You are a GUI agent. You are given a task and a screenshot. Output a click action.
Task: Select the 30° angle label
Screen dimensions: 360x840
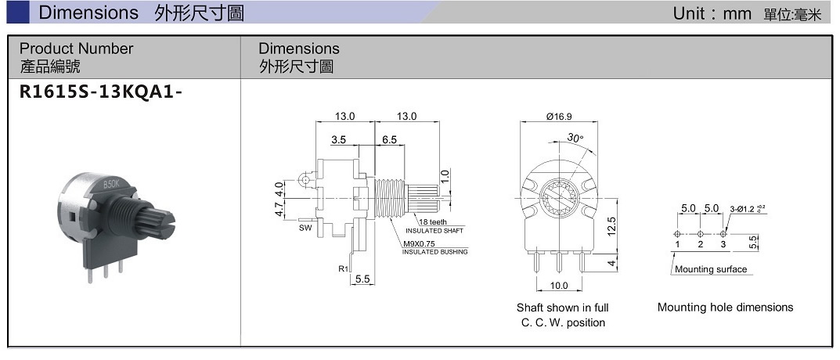575,138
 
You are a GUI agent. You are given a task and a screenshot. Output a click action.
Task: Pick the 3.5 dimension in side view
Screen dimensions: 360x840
338,139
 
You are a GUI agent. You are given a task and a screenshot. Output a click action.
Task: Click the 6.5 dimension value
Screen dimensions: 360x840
389,139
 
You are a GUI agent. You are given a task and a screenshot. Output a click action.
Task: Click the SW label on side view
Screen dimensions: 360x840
305,228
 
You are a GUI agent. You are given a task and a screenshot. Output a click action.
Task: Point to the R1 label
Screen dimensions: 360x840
343,268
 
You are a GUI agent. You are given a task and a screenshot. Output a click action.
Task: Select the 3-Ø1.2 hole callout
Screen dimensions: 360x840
745,209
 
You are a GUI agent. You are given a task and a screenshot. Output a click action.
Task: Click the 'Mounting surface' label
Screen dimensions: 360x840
711,269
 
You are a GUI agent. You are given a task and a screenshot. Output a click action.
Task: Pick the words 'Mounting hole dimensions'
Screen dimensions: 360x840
725,308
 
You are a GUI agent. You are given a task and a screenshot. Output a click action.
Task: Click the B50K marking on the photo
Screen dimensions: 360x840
111,185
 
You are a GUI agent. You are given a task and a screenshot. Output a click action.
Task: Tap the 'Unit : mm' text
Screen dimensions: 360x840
712,13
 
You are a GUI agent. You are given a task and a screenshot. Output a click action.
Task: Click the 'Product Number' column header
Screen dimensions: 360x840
77,49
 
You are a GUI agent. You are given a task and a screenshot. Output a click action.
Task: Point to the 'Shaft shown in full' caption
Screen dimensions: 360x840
562,308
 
